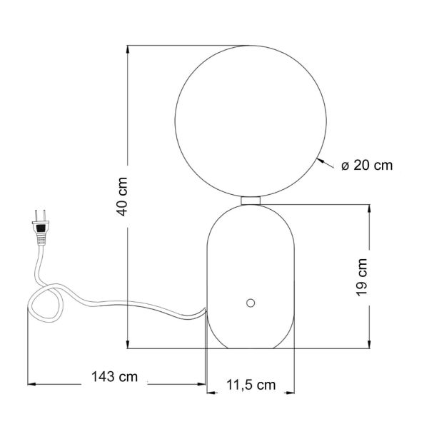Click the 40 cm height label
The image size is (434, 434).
coord(123,197)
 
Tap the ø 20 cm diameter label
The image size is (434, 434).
coord(367,166)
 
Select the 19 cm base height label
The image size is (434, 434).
coord(362,278)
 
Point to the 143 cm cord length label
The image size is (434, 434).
coord(115,377)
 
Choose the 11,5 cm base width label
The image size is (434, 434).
coord(251,385)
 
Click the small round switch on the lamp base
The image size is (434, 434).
coord(251,303)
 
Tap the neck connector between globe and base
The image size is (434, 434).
coord(251,201)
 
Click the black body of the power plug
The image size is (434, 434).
coord(41,228)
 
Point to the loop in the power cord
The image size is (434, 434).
coord(46,303)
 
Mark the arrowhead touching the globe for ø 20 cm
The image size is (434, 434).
coord(321,161)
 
